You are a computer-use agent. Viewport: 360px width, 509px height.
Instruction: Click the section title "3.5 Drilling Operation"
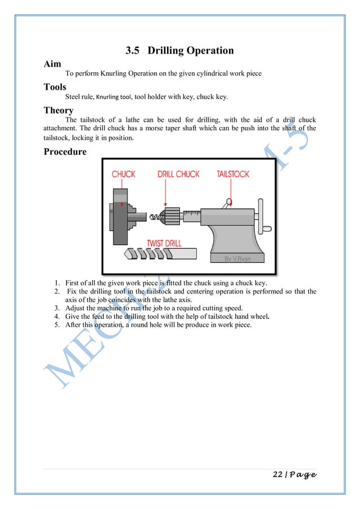click(179, 51)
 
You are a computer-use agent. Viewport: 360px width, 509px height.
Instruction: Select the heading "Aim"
click(52, 64)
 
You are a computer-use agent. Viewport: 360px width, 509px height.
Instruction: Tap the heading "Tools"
click(55, 87)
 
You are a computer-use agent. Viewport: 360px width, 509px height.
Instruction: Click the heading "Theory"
click(59, 110)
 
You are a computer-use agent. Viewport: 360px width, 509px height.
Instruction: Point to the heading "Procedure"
click(65, 152)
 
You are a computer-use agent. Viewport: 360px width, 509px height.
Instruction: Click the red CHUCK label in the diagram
click(123, 174)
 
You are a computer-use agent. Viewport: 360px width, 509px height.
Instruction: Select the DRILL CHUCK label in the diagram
click(178, 174)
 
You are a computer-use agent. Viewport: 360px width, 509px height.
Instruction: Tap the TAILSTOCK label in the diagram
click(233, 174)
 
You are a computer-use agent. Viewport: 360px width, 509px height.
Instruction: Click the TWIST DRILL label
click(164, 243)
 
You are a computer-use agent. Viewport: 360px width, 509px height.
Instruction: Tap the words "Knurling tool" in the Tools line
click(113, 97)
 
